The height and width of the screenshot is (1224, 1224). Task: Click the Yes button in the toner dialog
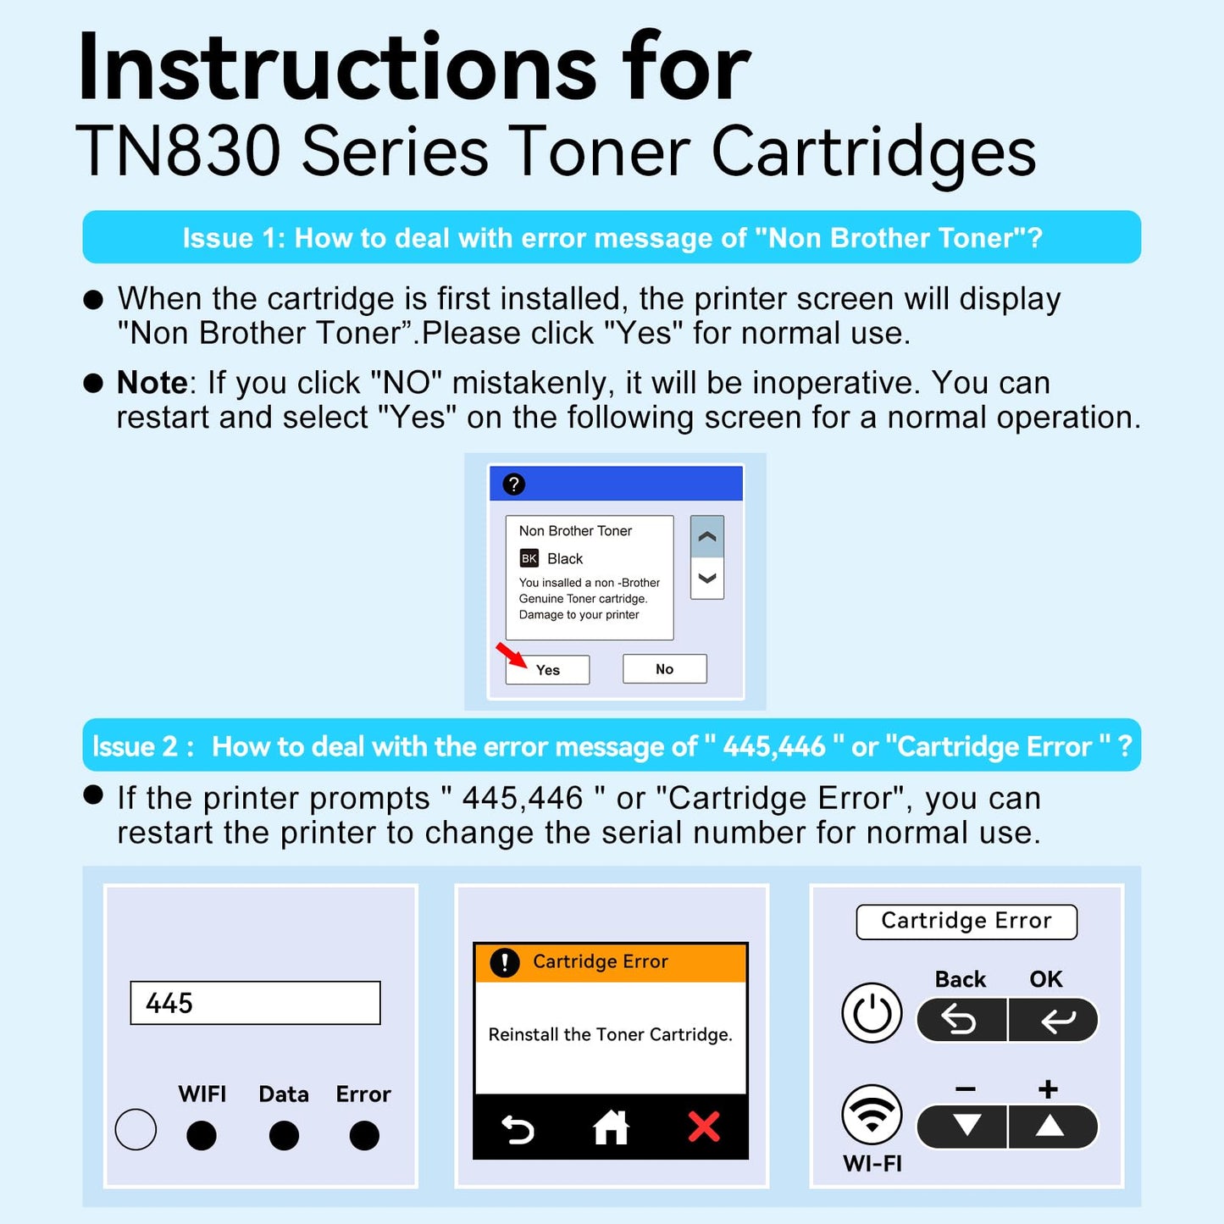tap(547, 669)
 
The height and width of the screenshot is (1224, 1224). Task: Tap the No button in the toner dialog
tap(664, 669)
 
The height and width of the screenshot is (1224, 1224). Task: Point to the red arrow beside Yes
tap(512, 655)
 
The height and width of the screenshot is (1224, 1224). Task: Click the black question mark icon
tap(514, 484)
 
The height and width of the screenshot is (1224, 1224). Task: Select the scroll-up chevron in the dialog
tap(707, 537)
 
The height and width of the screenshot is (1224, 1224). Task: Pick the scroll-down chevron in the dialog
tap(707, 578)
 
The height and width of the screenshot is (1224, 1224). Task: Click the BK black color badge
tap(529, 557)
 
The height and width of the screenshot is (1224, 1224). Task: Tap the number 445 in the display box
tap(169, 1004)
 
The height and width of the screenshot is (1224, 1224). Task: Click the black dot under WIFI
tap(202, 1135)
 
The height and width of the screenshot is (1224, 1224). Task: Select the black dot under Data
tap(284, 1135)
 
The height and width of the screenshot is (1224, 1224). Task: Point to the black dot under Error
tap(364, 1135)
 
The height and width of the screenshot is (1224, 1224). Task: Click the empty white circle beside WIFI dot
tap(136, 1129)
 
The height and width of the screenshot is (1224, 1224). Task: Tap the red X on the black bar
tap(704, 1127)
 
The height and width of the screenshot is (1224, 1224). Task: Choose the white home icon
tap(611, 1127)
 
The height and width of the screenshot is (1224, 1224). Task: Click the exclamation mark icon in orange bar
tap(505, 962)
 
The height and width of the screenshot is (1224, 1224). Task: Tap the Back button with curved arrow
tap(961, 1020)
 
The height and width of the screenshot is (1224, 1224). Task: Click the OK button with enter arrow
tap(1054, 1020)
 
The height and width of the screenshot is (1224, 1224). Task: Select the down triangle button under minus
tap(961, 1127)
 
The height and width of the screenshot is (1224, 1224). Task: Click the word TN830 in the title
tap(179, 151)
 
